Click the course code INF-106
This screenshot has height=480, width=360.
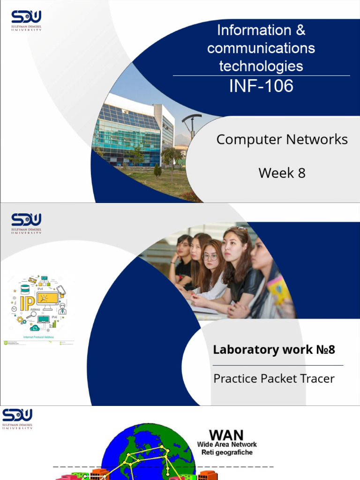click(x=261, y=86)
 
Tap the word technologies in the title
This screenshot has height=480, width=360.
click(x=261, y=66)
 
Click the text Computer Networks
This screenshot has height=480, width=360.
click(x=282, y=139)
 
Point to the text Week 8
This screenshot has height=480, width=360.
click(x=282, y=173)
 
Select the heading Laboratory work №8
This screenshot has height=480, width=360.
click(x=274, y=350)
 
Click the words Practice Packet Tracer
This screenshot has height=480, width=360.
click(x=274, y=378)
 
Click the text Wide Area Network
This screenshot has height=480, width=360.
click(x=227, y=444)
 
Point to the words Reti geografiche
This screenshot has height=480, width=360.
click(x=227, y=452)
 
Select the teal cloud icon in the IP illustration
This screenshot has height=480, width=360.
click(x=35, y=328)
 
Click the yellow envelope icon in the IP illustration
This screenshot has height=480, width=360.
click(x=32, y=280)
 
